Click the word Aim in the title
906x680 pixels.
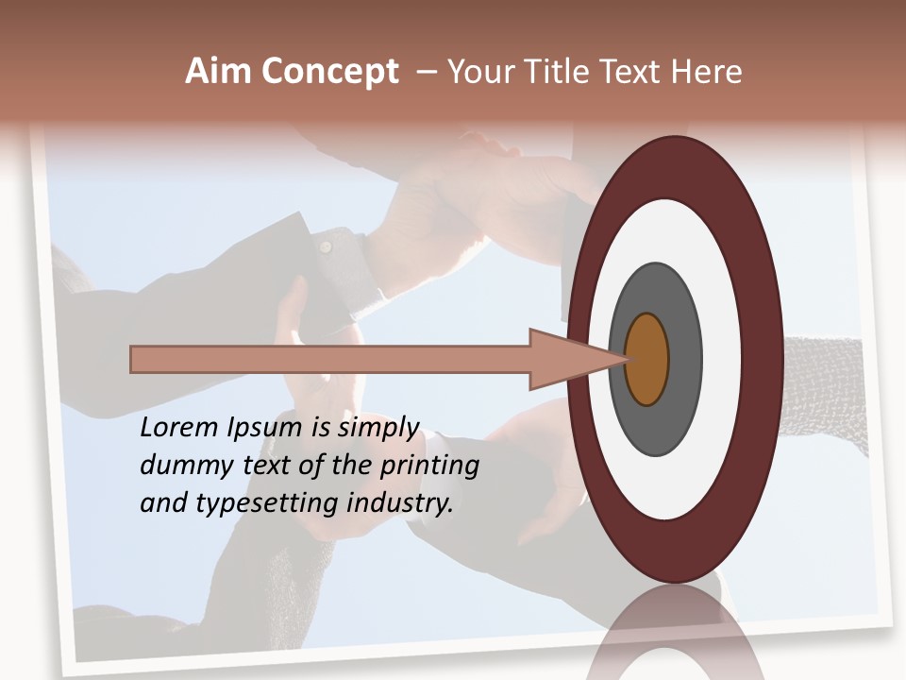[218, 72]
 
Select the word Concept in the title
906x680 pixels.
[329, 73]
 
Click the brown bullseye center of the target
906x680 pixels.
[647, 359]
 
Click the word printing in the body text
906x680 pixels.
[429, 466]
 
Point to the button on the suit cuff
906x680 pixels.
[325, 246]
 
